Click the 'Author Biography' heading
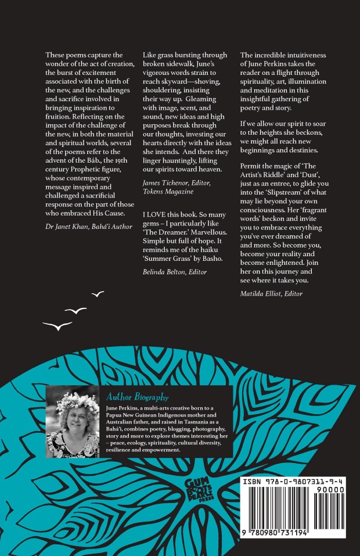[137, 397]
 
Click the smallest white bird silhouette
[98, 295]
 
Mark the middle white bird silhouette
[75, 311]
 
